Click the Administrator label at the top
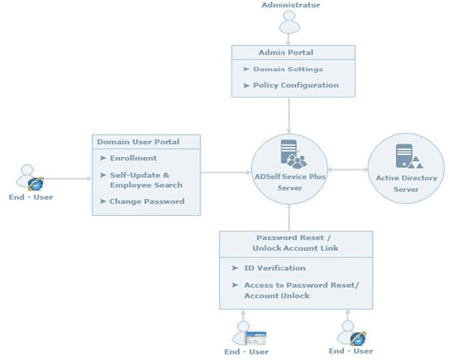tap(290, 5)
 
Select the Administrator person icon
tap(290, 22)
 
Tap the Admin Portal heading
tap(286, 53)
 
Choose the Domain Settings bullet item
tap(283, 69)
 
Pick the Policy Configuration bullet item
tap(290, 85)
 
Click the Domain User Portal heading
tap(138, 142)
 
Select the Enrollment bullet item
tap(129, 158)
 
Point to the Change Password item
tap(142, 201)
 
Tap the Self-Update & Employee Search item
tap(141, 180)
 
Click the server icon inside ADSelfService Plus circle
tap(294, 154)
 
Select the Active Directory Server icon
tap(409, 156)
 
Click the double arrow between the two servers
tap(348, 170)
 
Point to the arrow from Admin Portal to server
tap(289, 115)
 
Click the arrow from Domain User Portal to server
tap(225, 173)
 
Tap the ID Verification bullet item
tap(269, 268)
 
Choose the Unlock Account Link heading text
tap(295, 248)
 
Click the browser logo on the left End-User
tap(36, 184)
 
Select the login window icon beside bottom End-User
tap(256, 338)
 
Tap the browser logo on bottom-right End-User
tap(358, 339)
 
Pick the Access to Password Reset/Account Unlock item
tap(295, 290)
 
